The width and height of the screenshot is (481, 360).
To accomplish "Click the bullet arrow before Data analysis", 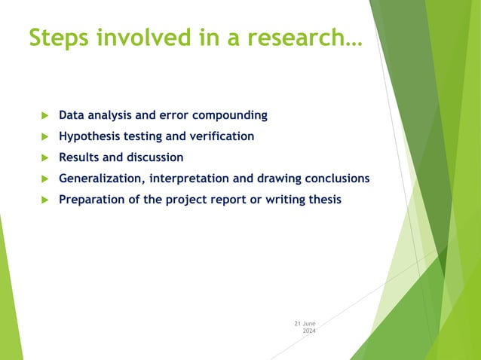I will (44, 116).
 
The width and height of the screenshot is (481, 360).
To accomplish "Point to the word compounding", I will (229, 116).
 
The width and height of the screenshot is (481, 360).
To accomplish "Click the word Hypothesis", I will (91, 137).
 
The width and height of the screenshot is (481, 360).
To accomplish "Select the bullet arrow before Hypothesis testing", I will (44, 137).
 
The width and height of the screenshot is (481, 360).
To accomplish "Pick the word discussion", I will (155, 158).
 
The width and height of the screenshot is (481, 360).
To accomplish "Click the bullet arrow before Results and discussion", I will (44, 158).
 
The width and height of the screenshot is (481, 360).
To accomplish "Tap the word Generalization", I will (102, 179).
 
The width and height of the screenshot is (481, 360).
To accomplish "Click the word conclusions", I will (333, 179).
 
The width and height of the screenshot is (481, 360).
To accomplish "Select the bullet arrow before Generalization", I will (44, 179).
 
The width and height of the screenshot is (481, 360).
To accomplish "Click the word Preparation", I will (92, 200).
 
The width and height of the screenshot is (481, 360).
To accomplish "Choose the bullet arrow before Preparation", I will (44, 200).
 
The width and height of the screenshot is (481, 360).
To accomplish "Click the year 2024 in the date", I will (309, 331).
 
